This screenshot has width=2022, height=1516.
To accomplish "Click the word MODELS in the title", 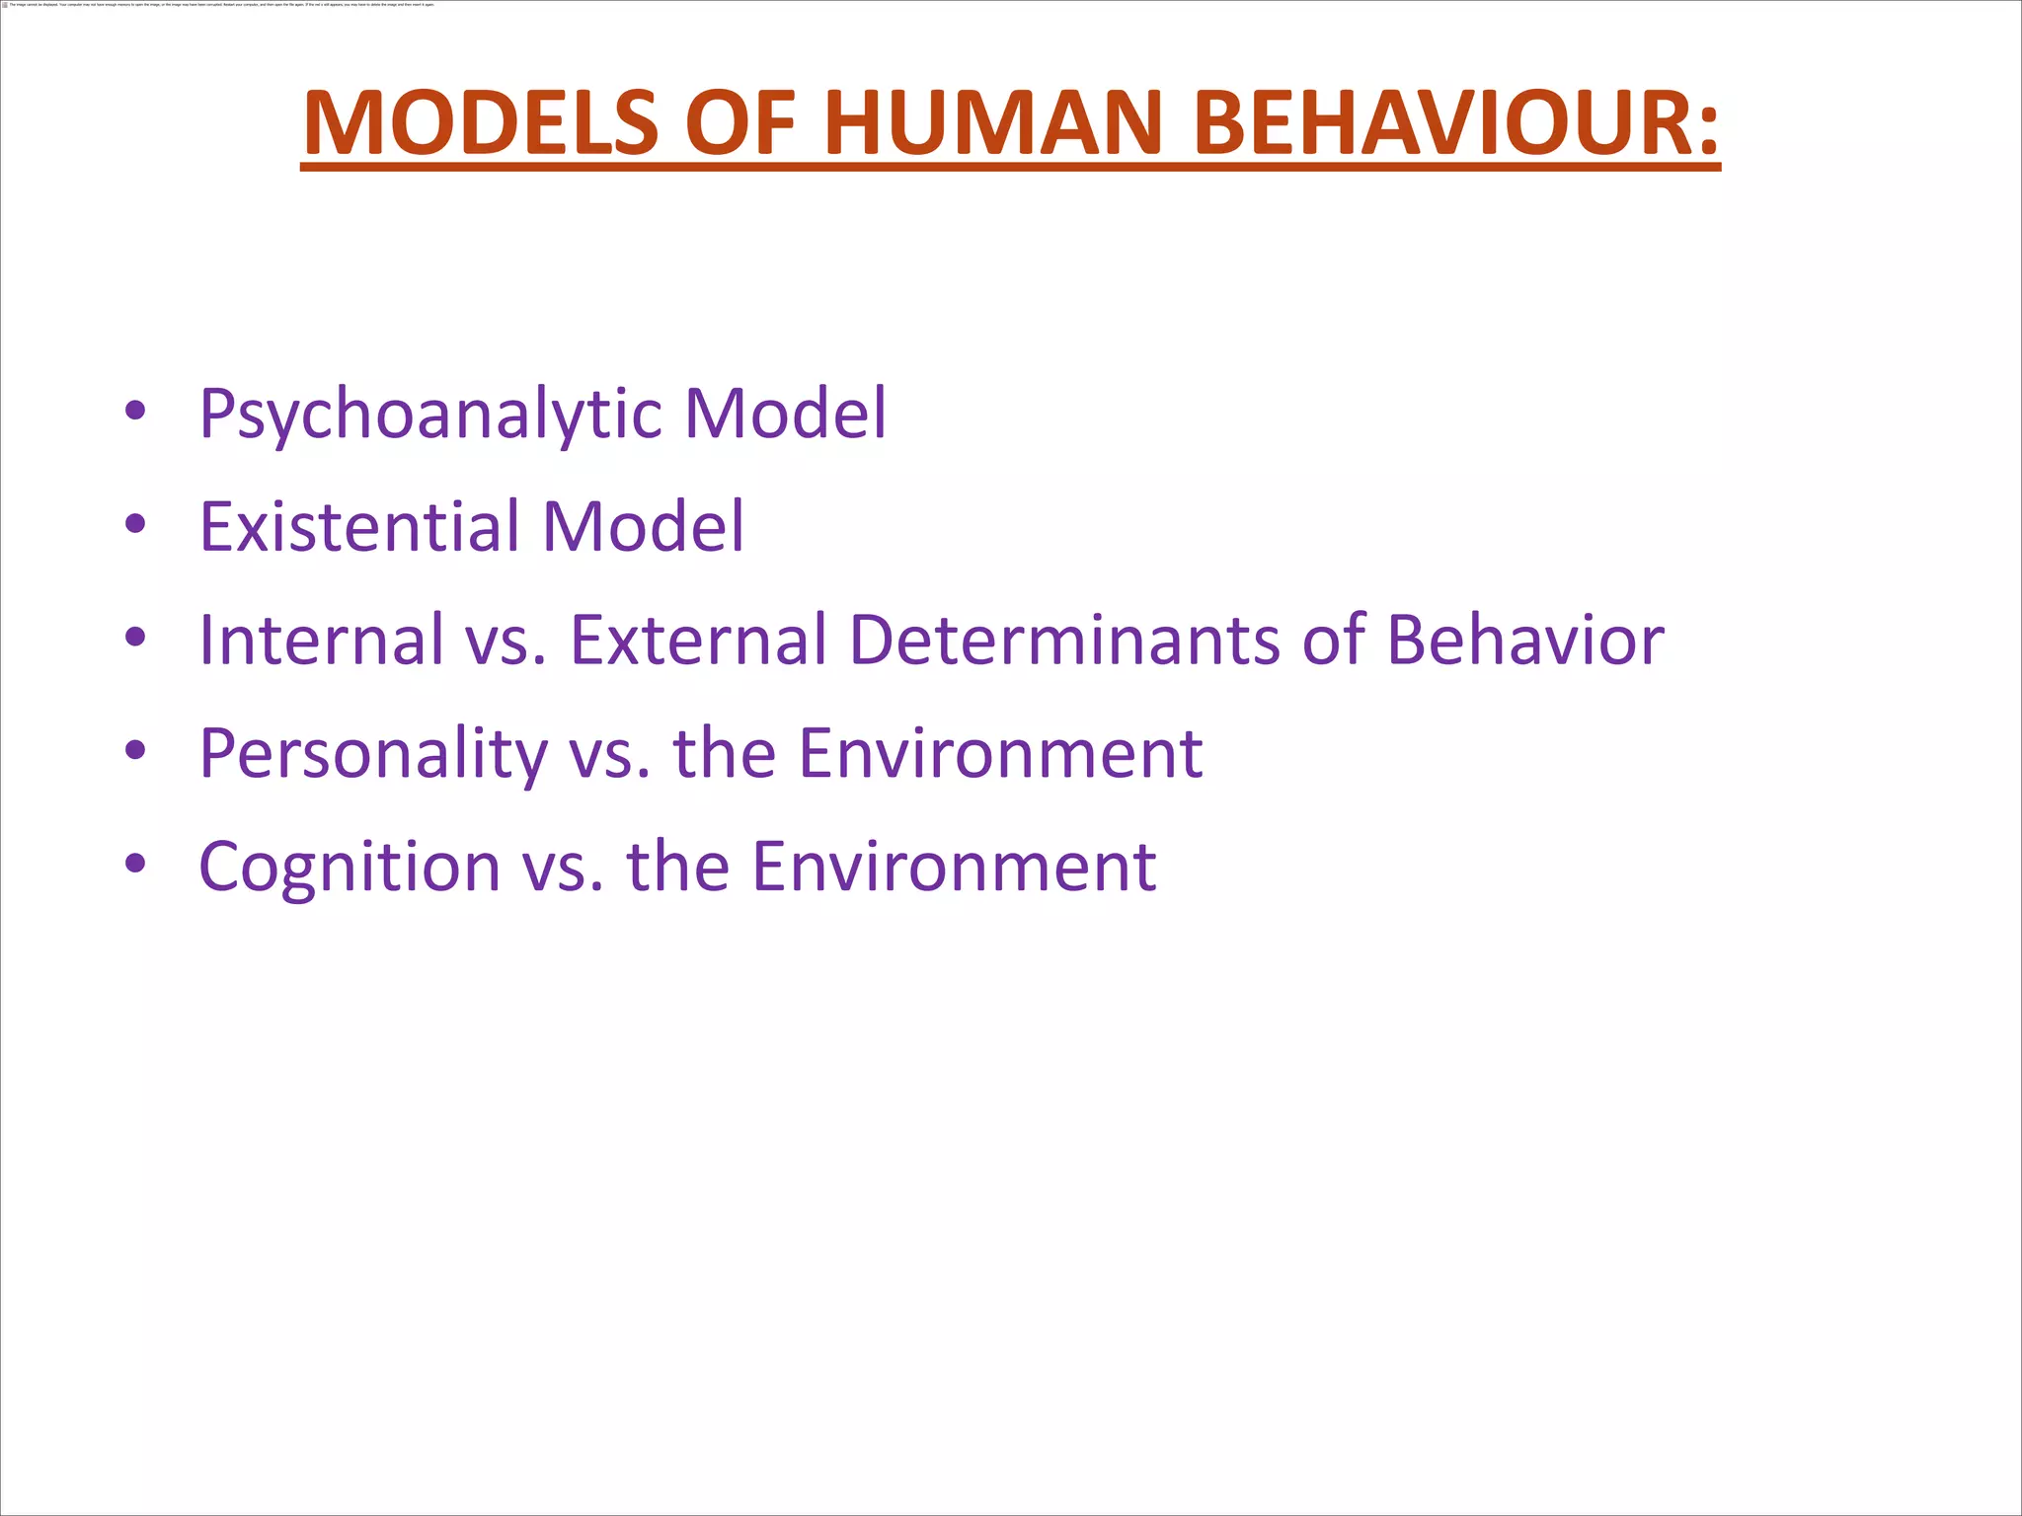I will (x=481, y=123).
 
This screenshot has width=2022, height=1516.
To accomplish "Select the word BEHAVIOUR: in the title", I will (x=1456, y=123).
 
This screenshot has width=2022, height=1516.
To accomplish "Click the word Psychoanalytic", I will (x=430, y=415).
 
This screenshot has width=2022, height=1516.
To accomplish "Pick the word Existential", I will (x=359, y=526).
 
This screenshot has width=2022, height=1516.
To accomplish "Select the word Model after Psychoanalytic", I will (x=786, y=415).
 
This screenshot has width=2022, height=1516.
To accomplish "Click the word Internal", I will (x=322, y=640).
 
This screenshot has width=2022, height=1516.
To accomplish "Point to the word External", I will (x=698, y=640).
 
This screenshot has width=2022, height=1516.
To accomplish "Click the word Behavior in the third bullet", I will (x=1525, y=640).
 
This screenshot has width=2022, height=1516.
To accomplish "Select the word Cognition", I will (x=350, y=868).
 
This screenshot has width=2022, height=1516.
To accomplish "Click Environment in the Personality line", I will (x=1000, y=753).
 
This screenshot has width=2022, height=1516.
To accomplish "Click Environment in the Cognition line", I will (x=954, y=867).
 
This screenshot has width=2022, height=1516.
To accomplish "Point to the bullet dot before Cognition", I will (x=136, y=864).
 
